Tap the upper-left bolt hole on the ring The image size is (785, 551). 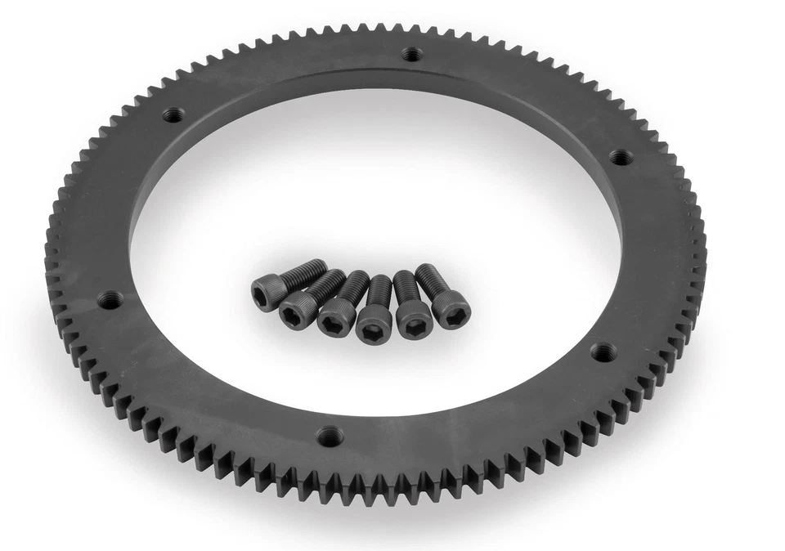click(x=172, y=115)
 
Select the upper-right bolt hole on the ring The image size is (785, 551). click(x=621, y=156)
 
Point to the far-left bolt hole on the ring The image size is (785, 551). click(x=107, y=300)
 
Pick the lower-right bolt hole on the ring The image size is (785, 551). click(x=603, y=352)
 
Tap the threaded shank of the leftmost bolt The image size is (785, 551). click(x=307, y=270)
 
